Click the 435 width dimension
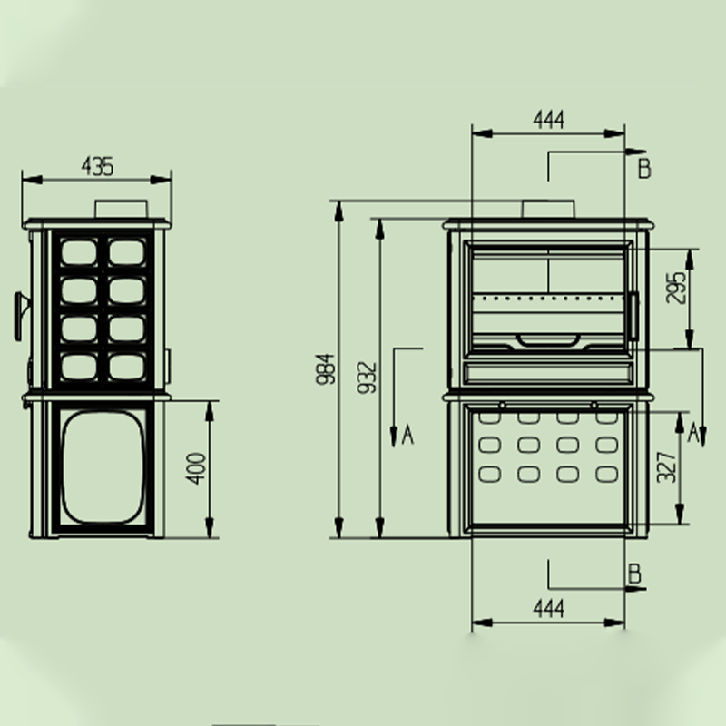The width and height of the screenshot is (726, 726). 97,167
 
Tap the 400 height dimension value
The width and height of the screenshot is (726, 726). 196,468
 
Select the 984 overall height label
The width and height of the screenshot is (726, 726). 325,369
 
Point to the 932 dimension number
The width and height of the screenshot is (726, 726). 367,378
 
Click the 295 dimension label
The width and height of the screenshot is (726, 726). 675,288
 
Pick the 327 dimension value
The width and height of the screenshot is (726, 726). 667,466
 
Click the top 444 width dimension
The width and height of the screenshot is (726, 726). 549,120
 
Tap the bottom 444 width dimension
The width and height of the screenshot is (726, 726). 549,609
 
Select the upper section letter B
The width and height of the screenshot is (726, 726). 644,169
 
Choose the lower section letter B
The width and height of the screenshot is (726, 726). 634,574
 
